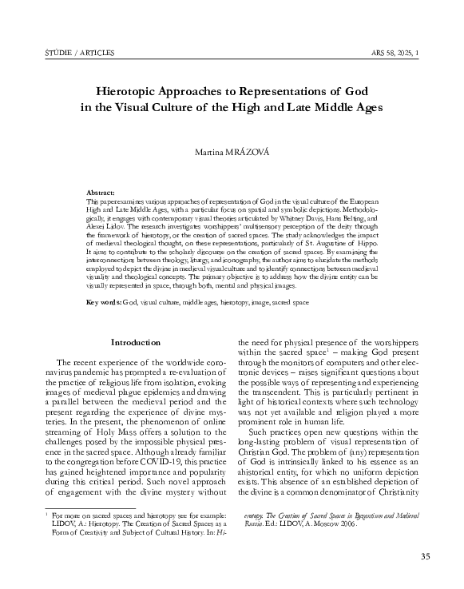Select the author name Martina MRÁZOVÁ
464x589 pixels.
[x=232, y=151]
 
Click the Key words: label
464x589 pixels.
[x=105, y=281]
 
